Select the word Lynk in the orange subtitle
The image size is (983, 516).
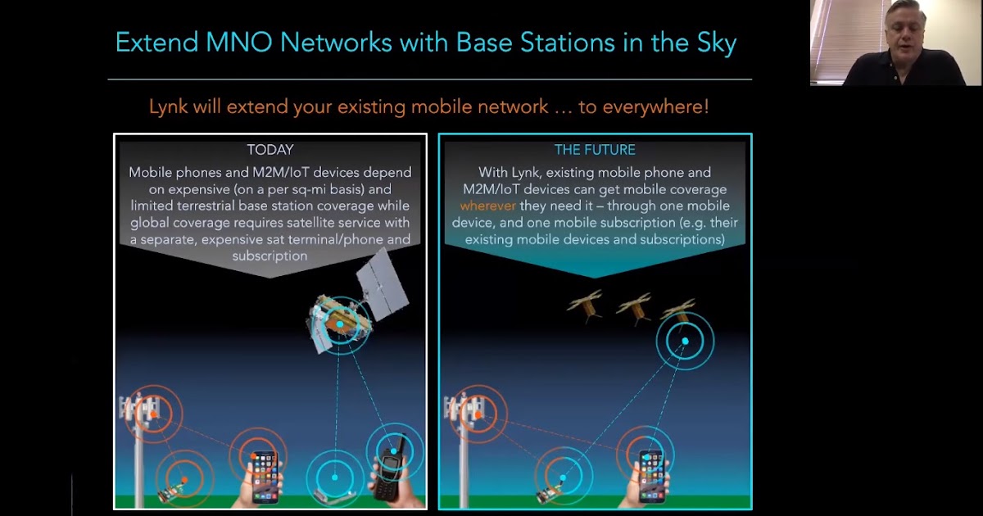point(169,106)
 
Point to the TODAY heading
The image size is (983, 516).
point(270,150)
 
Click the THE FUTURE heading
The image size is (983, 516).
point(595,150)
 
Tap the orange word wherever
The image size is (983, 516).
point(488,206)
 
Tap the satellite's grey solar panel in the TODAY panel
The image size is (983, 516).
point(383,287)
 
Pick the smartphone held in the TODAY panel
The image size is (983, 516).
point(265,476)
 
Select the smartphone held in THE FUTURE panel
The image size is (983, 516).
point(651,476)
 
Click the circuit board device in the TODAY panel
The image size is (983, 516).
point(170,491)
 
